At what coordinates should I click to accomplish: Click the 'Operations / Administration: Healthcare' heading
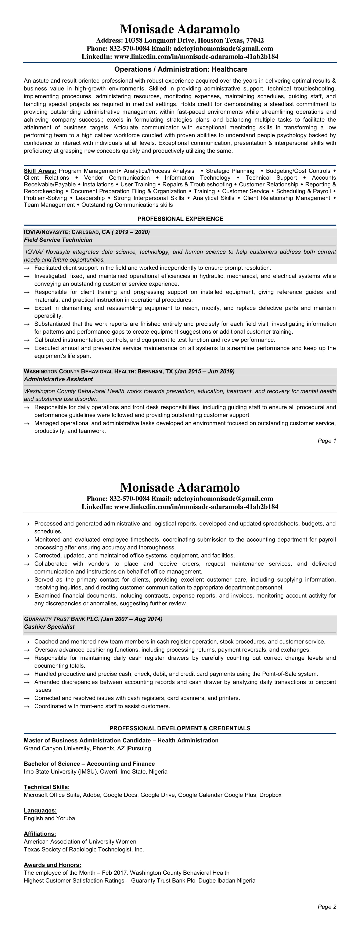pos(181,69)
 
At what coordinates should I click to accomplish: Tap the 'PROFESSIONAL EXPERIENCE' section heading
pos(180,219)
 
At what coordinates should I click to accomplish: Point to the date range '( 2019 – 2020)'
pos(131,232)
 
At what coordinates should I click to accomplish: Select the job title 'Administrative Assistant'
pos(58,379)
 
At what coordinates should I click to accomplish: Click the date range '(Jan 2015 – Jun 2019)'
pos(204,371)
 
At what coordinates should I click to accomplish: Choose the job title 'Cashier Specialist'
pos(49,627)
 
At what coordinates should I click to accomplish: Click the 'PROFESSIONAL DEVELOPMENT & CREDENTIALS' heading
pos(180,728)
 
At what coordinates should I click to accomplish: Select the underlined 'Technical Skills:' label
pos(47,787)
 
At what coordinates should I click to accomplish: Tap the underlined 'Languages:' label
pos(40,810)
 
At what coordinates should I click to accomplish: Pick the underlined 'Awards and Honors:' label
pos(53,865)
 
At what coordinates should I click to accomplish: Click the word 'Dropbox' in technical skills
pos(270,795)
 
